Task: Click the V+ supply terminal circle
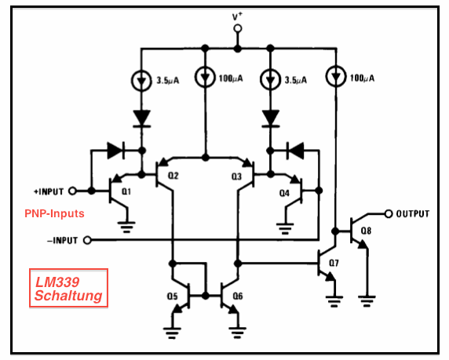[x=237, y=28]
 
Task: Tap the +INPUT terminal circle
[x=72, y=191]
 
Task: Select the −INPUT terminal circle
[x=87, y=240]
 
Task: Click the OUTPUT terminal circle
[x=388, y=213]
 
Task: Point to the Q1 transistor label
[x=126, y=191]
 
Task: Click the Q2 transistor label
[x=173, y=176]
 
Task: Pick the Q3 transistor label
[x=236, y=176]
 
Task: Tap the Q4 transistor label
[x=284, y=193]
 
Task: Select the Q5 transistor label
[x=173, y=296]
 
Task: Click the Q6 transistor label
[x=238, y=296]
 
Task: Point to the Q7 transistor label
[x=334, y=263]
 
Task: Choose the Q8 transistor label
[x=366, y=231]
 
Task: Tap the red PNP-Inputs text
[x=54, y=213]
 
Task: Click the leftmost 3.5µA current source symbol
[x=141, y=81]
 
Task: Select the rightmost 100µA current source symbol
[x=336, y=77]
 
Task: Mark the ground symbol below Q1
[x=127, y=227]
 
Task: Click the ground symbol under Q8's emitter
[x=367, y=301]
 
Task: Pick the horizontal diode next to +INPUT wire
[x=115, y=151]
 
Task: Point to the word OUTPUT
[x=413, y=214]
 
